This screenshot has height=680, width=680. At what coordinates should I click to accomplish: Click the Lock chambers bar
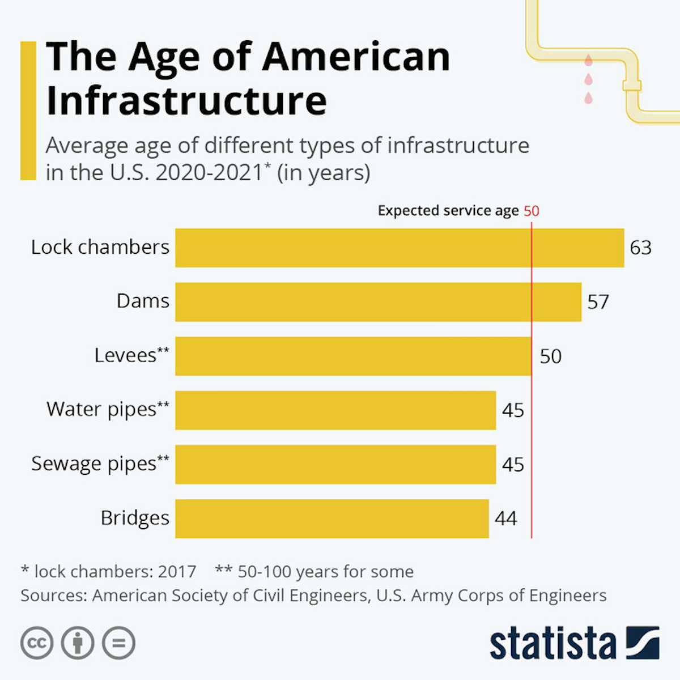pos(399,248)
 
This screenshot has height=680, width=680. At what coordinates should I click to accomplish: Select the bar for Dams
pos(378,301)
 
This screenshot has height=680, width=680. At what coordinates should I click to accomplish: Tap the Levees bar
pos(353,356)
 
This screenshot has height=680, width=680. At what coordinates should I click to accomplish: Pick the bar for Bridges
pos(331,518)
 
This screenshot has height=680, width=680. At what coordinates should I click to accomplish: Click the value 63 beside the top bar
pos(641,248)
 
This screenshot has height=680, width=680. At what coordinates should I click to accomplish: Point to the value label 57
pos(598,302)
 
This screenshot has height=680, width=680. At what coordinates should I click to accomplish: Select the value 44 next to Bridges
pos(506,518)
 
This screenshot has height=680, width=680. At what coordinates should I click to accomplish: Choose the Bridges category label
pos(135,518)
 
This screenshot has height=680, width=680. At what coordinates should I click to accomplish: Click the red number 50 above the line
pos(532,211)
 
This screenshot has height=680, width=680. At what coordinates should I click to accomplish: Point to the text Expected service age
pos(448,211)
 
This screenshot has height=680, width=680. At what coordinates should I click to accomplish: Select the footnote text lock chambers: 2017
pos(108,571)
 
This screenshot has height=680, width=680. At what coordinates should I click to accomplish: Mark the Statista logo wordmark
pos(552,644)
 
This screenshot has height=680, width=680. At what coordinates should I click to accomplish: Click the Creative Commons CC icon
pos(37,643)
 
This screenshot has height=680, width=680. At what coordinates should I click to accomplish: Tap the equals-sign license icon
pos(118,643)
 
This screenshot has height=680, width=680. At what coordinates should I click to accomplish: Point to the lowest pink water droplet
pos(589,99)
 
